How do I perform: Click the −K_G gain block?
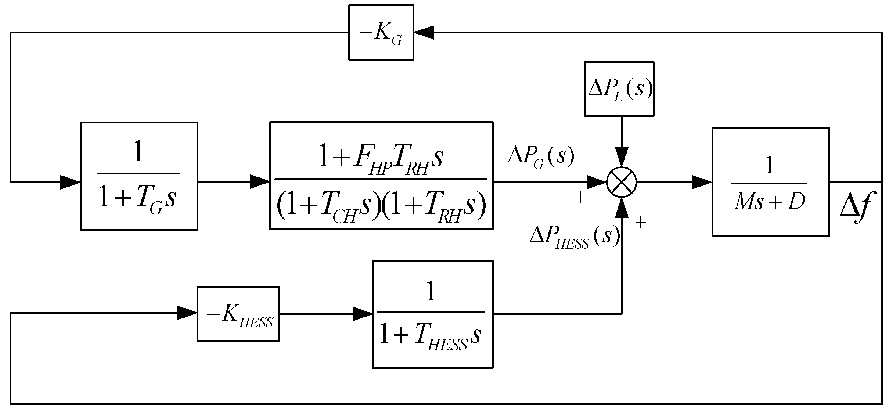(x=381, y=32)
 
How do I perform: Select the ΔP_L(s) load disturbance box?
(x=619, y=89)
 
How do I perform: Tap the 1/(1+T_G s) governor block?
(x=139, y=176)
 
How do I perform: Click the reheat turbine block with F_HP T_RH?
(x=381, y=176)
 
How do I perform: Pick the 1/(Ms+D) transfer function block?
(x=770, y=182)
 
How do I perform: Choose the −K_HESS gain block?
(x=238, y=314)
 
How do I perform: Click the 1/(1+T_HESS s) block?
(x=433, y=314)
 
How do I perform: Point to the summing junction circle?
(x=621, y=182)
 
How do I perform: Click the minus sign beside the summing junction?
(x=648, y=155)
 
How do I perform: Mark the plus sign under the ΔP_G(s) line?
(x=580, y=198)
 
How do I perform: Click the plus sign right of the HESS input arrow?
(x=640, y=223)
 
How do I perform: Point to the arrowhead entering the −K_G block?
(x=424, y=32)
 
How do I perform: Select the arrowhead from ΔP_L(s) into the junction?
(x=621, y=157)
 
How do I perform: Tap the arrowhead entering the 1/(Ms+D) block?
(x=702, y=182)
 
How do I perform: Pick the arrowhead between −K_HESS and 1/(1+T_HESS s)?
(x=363, y=314)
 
